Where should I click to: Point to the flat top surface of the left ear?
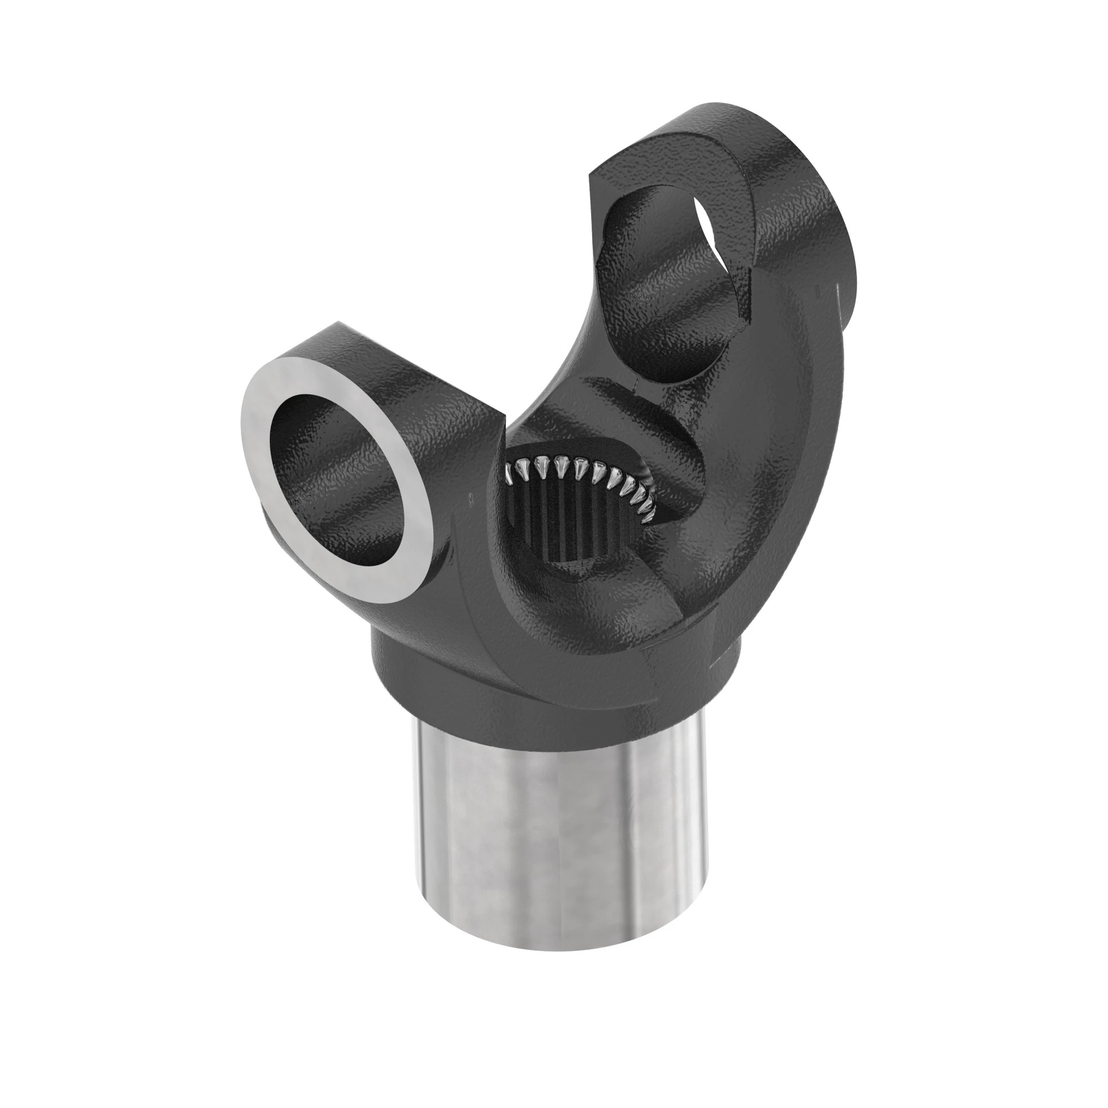(x=402, y=367)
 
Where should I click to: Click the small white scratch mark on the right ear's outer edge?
(x=836, y=298)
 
